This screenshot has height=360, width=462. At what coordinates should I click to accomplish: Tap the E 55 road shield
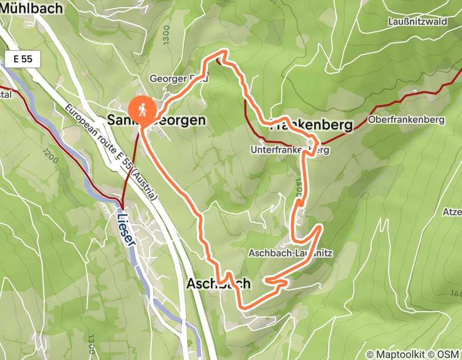click(x=23, y=59)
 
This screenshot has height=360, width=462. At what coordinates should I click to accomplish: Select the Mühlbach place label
click(x=31, y=8)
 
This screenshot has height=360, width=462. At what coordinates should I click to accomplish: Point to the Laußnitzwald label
click(x=418, y=22)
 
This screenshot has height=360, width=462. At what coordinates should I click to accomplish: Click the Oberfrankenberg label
click(x=406, y=120)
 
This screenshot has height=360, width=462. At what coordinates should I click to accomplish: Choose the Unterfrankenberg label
click(x=290, y=150)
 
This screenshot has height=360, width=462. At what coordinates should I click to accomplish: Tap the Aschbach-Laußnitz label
click(x=291, y=254)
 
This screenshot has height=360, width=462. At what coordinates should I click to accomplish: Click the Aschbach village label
click(x=219, y=283)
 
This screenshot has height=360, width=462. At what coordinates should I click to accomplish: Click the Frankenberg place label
click(x=312, y=125)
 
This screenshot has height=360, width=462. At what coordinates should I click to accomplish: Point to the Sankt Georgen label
click(x=156, y=120)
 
